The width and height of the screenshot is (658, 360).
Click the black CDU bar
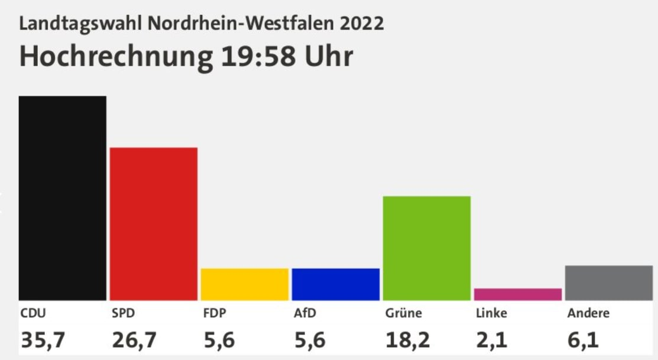(63, 198)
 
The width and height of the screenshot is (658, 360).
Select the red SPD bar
(154, 223)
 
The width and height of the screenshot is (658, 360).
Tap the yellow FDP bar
(245, 284)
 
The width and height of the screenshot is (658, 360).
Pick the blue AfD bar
(336, 284)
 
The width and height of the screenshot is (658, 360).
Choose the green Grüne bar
(427, 248)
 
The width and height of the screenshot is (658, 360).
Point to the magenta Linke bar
(518, 294)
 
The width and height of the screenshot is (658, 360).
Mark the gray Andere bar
(609, 283)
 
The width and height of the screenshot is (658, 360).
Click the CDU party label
(33, 313)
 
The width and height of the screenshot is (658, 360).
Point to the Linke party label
(491, 313)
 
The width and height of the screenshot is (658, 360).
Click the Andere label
(588, 313)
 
